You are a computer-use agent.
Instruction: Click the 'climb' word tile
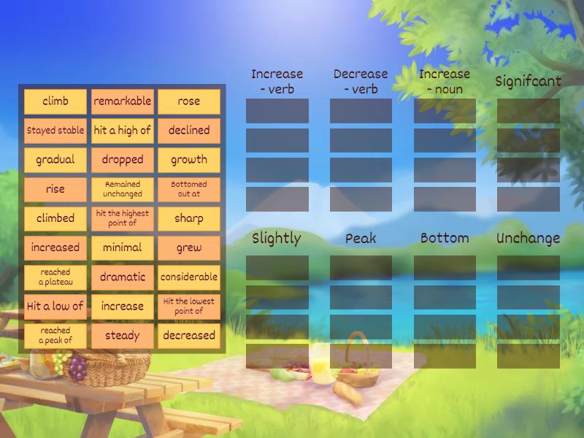tap(55, 101)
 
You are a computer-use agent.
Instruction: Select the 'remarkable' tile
tap(122, 101)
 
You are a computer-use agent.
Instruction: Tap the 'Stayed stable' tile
tap(55, 131)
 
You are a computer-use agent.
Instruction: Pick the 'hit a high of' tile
tap(122, 131)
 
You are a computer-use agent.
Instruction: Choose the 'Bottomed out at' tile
tap(188, 189)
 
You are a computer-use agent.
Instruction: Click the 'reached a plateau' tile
tap(55, 277)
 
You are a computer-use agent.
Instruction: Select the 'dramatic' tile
tap(122, 277)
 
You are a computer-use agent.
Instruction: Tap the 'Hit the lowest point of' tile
tap(188, 307)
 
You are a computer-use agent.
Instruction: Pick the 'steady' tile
tap(122, 336)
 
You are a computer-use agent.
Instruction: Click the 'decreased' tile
tap(188, 336)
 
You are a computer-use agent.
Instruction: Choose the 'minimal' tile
tap(122, 247)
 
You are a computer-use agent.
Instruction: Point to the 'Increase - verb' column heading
tap(277, 81)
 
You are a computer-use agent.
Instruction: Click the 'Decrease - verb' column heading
tap(361, 81)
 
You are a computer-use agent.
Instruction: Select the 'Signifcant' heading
tap(528, 81)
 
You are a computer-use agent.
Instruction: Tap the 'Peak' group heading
tap(361, 239)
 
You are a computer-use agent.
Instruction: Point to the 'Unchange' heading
tap(528, 239)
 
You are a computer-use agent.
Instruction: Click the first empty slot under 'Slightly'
tap(277, 268)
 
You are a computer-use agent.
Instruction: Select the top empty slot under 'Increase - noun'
tap(445, 111)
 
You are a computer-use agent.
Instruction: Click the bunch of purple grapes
tap(77, 369)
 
